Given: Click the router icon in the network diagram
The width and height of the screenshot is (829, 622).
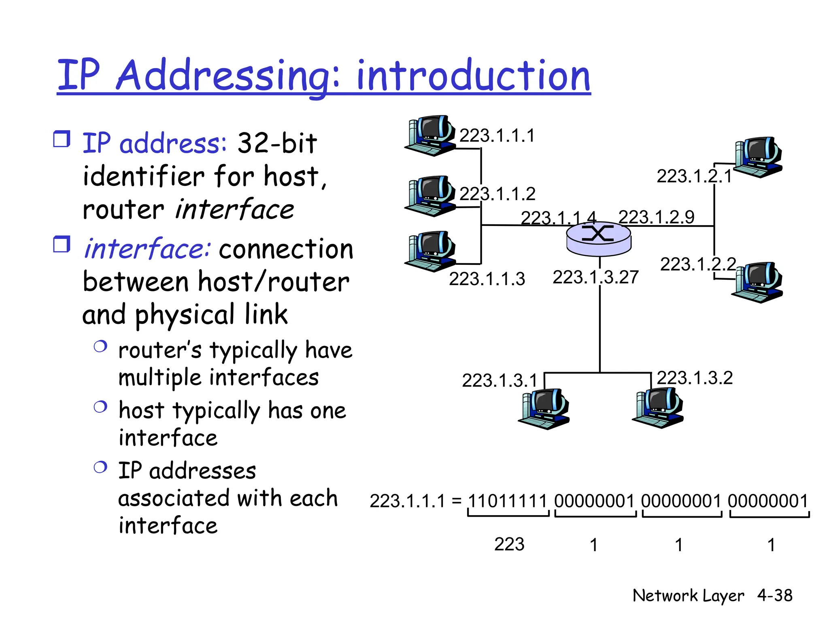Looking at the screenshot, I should pos(598,239).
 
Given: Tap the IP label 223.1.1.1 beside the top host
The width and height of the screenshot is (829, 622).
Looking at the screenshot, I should pos(497,135).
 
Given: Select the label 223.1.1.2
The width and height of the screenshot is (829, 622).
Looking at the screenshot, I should pos(497,194).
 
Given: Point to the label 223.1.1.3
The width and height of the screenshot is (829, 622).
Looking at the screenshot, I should pos(487,279).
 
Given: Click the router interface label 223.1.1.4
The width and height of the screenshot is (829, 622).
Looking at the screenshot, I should pos(558,218).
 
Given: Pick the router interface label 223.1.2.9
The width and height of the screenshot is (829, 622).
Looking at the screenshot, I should pos(656,217).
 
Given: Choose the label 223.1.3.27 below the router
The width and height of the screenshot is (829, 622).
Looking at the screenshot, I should pos(595,277).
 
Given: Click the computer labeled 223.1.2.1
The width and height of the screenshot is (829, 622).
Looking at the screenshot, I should pos(757,158).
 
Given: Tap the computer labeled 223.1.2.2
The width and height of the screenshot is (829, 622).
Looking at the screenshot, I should pos(757,283).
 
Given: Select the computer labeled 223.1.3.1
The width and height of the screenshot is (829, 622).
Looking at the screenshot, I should pos(544,409).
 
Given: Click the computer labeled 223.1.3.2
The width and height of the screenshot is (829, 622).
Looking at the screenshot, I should pos(658,408).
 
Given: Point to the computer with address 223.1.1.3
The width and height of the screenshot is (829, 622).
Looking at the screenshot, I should pos(430,251).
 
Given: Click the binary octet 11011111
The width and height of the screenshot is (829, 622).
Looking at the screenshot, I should pos(508,501).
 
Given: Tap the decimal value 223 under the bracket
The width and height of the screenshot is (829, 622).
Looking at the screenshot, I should pos(509,544).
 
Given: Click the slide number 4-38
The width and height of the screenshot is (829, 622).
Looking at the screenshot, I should pos(775,595).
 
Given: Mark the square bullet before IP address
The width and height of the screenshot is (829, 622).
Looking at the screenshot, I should pos(62,139).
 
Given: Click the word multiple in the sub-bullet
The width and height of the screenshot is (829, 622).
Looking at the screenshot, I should pos(159,378).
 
